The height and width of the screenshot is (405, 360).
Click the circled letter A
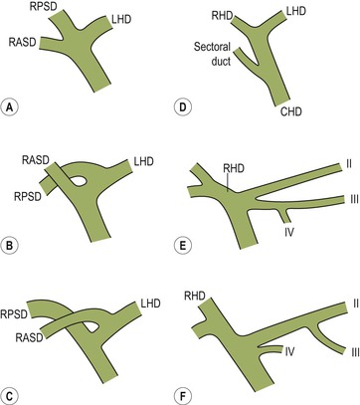click(9, 107)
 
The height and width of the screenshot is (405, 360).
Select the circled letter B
click(9, 246)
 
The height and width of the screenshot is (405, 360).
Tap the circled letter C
click(9, 396)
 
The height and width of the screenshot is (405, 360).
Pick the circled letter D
click(183, 107)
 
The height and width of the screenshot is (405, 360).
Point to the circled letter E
click(183, 246)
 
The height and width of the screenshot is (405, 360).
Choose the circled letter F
click(183, 396)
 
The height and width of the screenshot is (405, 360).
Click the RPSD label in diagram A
click(43, 6)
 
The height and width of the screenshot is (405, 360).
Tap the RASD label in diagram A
click(22, 42)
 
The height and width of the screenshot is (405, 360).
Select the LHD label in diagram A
click(121, 19)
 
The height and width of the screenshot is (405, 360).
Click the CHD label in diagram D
click(291, 111)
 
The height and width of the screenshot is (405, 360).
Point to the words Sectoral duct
click(212, 54)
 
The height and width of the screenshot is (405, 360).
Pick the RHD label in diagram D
click(223, 15)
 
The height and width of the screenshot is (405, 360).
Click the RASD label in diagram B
click(36, 160)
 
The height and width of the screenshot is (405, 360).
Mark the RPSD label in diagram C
click(14, 313)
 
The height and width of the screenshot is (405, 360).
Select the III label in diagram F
click(355, 351)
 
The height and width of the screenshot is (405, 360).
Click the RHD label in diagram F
click(195, 296)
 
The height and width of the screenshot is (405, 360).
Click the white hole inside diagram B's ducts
click(79, 181)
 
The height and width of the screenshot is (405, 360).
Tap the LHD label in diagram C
click(150, 304)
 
